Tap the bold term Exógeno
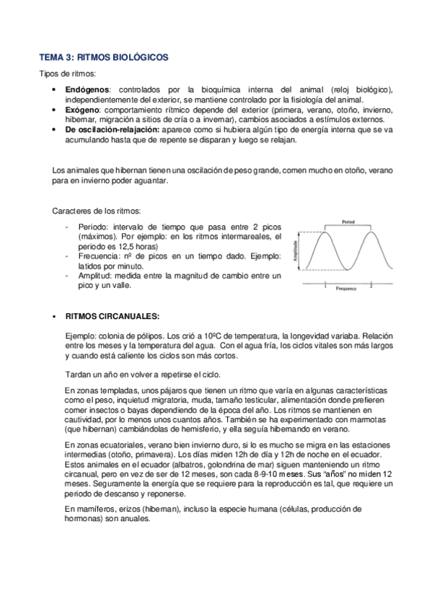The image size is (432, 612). pyautogui.click(x=81, y=110)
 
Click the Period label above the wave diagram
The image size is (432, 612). pyautogui.click(x=348, y=222)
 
